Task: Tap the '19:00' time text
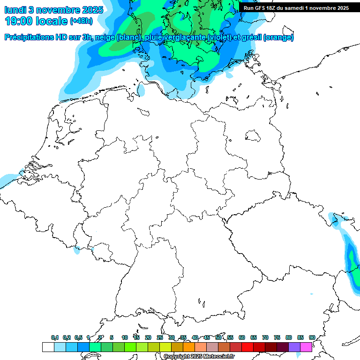click(x=18, y=21)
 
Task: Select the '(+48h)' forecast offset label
click(x=82, y=22)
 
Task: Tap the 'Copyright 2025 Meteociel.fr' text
click(x=199, y=356)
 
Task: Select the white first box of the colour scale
click(x=48, y=347)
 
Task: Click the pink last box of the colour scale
click(x=306, y=347)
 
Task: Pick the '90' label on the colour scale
click(x=312, y=337)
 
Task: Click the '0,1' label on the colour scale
click(x=55, y=337)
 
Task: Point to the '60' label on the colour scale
click(x=242, y=337)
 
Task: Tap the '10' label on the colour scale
click(x=125, y=337)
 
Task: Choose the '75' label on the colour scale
click(x=277, y=337)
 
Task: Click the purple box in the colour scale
click(x=294, y=347)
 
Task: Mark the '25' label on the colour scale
click(x=160, y=337)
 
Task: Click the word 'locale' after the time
click(x=52, y=21)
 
